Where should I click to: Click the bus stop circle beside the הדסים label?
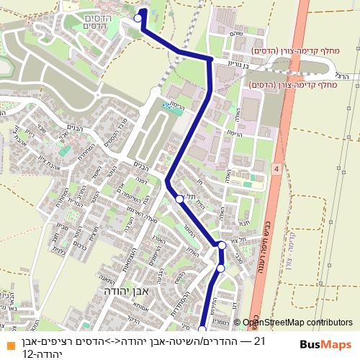[x=138, y=18]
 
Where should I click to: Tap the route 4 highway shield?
[x=276, y=167]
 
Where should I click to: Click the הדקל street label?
[x=130, y=319]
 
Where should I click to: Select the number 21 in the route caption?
[x=259, y=341]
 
